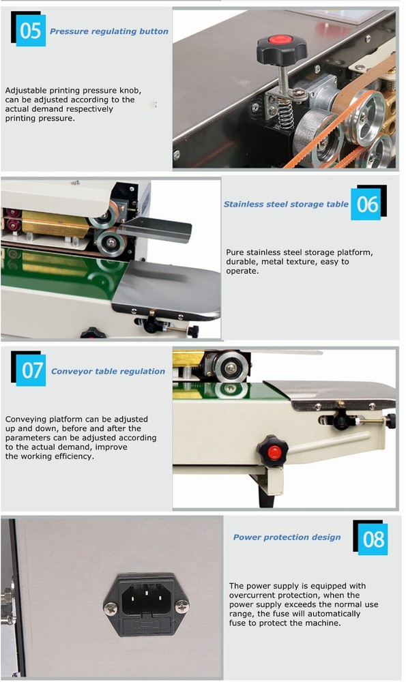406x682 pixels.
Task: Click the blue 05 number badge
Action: coord(30,31)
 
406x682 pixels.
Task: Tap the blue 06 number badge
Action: coord(367,204)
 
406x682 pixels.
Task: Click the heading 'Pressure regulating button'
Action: coord(109,31)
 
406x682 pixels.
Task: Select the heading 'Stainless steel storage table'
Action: coord(286,204)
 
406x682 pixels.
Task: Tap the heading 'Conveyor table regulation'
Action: coord(108,372)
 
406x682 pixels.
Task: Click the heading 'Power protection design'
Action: coord(287,537)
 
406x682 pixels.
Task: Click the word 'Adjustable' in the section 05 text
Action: coord(26,90)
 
